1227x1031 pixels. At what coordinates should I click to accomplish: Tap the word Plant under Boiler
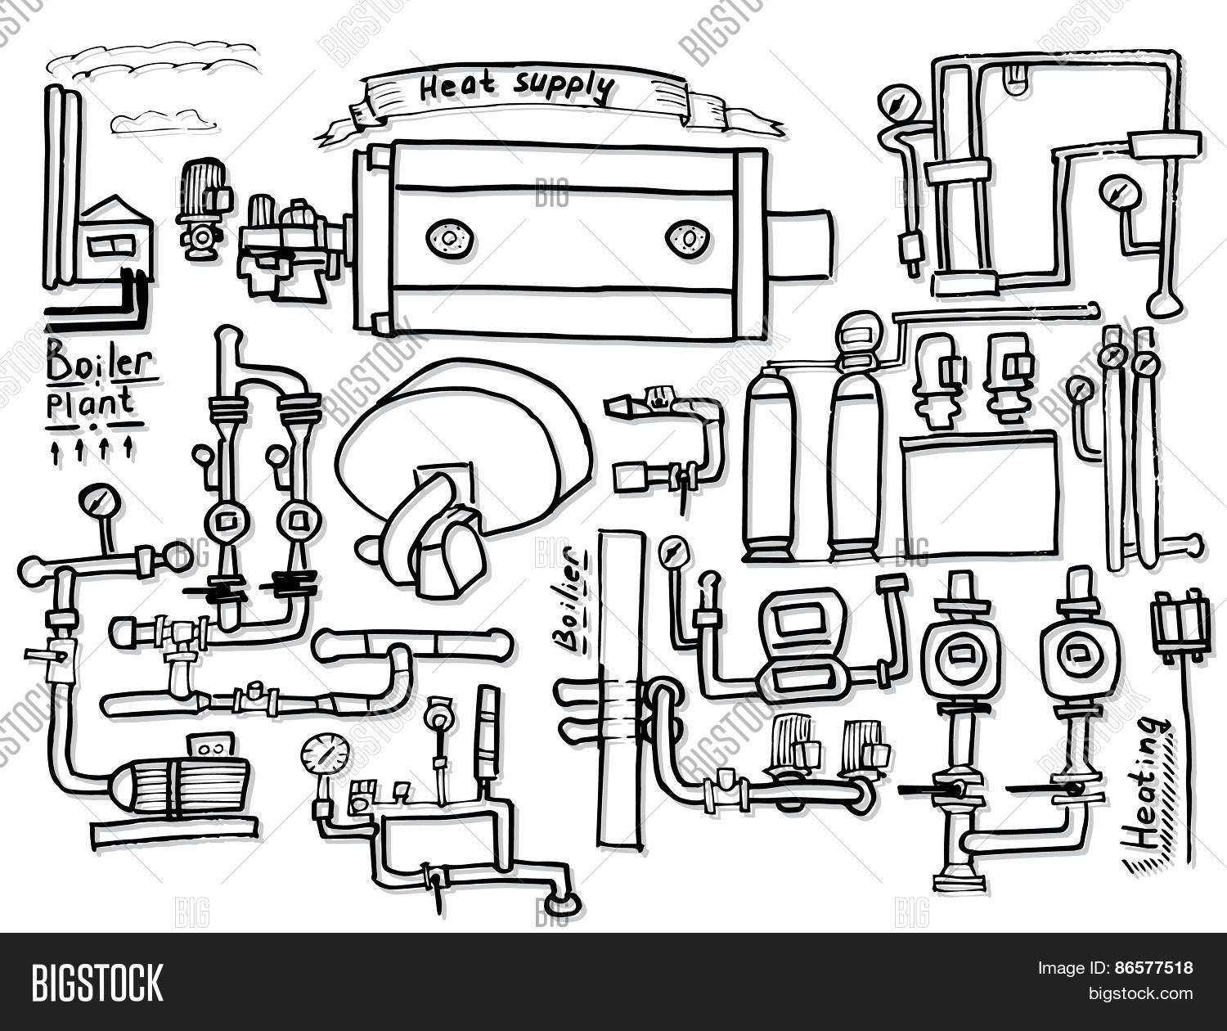[x=90, y=403]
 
